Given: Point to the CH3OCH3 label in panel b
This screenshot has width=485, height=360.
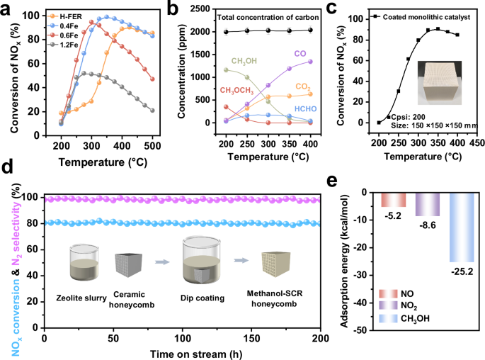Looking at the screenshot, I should coord(202,90).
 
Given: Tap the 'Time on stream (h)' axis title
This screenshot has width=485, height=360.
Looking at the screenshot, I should coord(182,351).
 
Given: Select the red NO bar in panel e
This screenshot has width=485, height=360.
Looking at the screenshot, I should coord(394,199).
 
